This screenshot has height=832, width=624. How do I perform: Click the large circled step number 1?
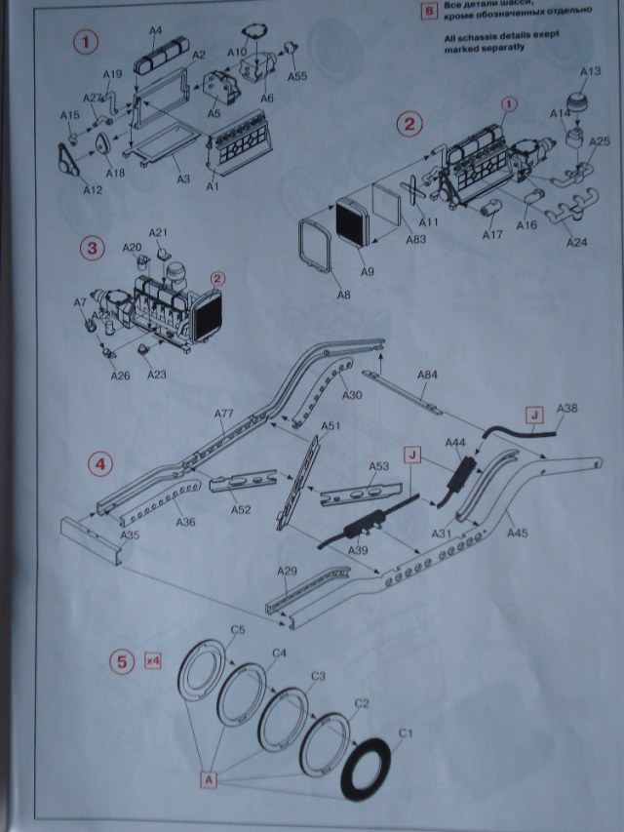click(89, 44)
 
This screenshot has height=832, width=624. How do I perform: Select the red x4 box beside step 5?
click(152, 659)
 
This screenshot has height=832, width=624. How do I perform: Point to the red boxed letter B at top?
click(427, 13)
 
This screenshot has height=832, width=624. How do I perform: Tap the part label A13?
click(590, 71)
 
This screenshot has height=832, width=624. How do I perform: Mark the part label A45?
click(517, 532)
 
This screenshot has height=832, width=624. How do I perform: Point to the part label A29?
click(286, 571)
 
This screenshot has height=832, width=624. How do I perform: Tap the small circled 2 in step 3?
click(217, 277)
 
